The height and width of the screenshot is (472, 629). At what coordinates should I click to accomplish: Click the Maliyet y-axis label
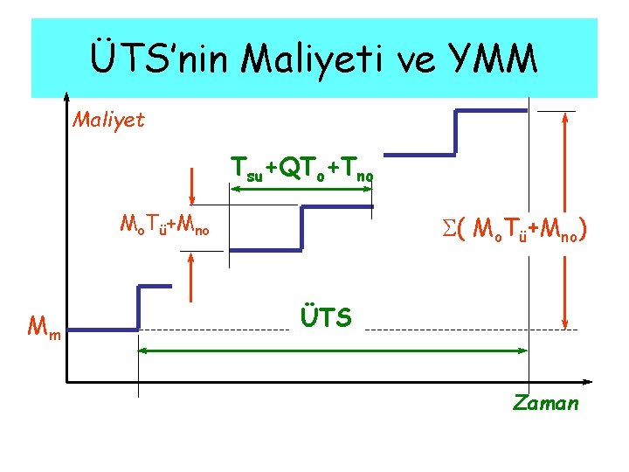[x=108, y=118]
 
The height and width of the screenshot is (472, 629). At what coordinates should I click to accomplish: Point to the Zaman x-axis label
[x=546, y=403]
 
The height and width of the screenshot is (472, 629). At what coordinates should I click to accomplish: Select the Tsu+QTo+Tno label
[x=302, y=169]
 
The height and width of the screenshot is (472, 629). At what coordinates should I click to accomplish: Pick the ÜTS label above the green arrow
[x=326, y=317]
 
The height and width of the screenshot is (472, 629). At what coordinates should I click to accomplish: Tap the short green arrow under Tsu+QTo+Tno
[x=301, y=185]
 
